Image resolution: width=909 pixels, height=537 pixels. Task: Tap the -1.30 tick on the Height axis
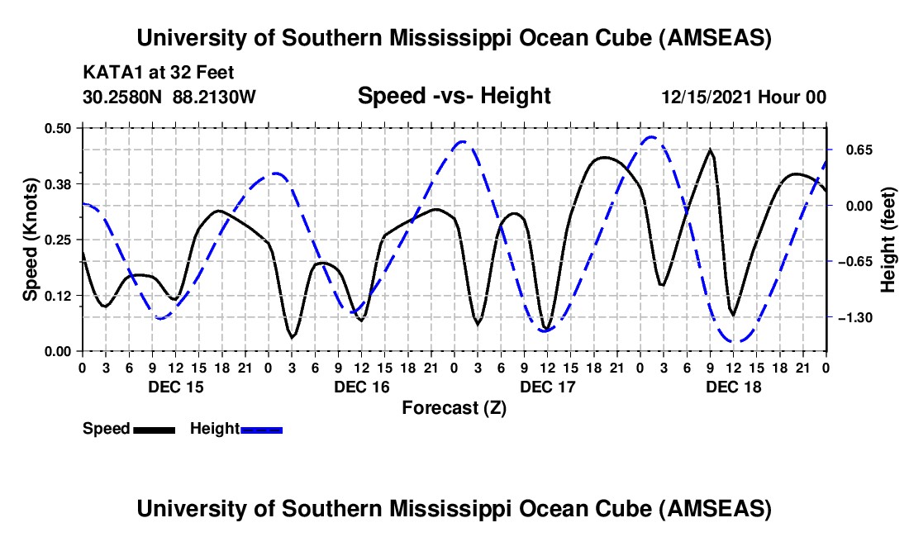click(855, 317)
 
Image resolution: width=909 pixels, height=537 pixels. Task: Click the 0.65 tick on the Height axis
click(855, 150)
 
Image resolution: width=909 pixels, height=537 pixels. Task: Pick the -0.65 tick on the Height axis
click(855, 261)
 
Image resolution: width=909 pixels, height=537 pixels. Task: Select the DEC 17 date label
click(547, 386)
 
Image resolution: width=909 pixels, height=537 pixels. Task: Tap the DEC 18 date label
click(733, 386)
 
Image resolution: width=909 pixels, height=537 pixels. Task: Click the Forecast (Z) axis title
click(454, 407)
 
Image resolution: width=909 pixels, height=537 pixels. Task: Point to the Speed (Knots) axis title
click(31, 239)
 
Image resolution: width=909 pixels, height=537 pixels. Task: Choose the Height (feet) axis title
click(888, 239)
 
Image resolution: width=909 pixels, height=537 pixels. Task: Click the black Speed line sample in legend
click(153, 430)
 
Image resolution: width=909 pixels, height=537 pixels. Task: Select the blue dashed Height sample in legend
click(261, 430)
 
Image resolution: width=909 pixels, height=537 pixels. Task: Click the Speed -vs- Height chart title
click(454, 96)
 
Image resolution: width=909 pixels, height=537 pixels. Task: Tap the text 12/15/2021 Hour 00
click(744, 97)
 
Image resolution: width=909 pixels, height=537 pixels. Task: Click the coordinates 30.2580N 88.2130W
click(169, 97)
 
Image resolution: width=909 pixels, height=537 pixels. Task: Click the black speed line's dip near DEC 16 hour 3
click(292, 336)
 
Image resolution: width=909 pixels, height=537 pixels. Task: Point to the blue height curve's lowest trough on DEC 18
click(734, 340)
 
